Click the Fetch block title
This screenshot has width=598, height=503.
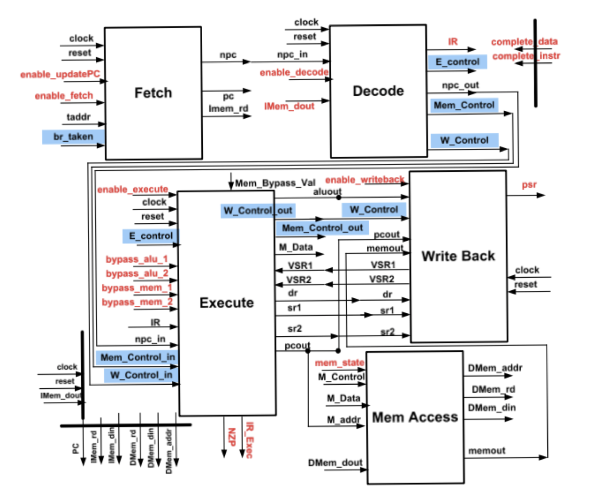tap(153, 93)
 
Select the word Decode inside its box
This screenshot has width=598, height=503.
tap(378, 91)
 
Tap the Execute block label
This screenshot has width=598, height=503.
tap(227, 303)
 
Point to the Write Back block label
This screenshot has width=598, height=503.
tap(458, 256)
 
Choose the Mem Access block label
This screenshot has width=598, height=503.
tap(415, 417)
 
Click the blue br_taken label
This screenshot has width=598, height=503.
tap(73, 137)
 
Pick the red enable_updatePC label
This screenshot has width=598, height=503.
tap(60, 74)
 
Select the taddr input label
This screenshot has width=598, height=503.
tap(78, 117)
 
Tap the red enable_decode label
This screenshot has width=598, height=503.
tap(294, 72)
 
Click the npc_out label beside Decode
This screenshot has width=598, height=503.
tap(460, 85)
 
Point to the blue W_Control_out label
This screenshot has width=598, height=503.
tap(258, 210)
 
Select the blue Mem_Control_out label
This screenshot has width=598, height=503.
tap(322, 228)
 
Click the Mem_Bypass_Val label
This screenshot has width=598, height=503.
tap(275, 183)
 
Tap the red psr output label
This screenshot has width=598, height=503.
tap(529, 185)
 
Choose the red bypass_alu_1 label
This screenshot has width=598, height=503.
tap(136, 259)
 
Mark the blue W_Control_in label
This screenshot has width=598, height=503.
tap(141, 375)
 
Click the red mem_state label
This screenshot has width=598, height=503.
tap(339, 363)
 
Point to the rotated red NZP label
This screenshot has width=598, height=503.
tap(231, 437)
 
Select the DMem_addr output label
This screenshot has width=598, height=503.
tap(495, 368)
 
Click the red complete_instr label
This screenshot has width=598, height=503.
tap(526, 56)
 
